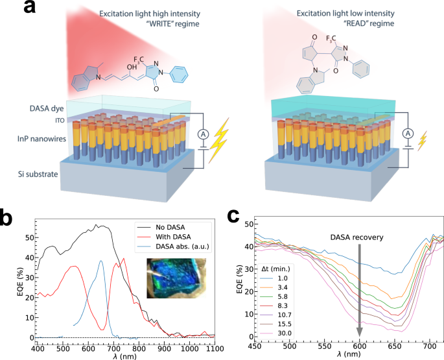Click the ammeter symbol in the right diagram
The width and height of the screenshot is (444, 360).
407,133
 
